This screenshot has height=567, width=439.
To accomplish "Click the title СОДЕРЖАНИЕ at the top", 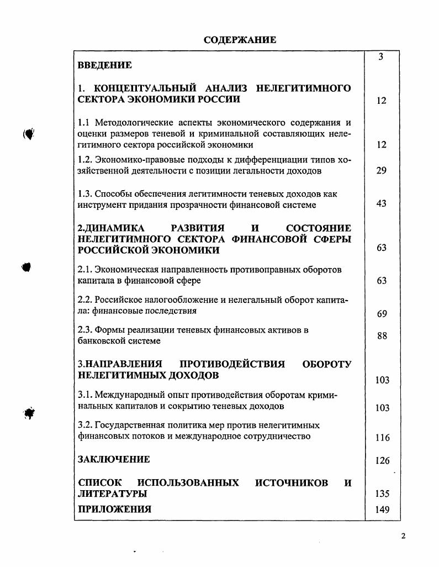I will point(240,40).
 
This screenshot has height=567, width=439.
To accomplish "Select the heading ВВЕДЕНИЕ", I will point(104,66).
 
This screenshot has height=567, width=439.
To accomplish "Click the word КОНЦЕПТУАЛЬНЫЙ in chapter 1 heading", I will point(146,88).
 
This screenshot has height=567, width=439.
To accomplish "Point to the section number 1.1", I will point(84,123).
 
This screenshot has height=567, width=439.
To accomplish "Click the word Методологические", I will point(133,123).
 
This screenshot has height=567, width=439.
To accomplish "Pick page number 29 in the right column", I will point(382,171).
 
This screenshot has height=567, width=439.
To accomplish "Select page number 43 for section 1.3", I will point(382,204).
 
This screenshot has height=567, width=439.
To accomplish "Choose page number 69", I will point(382,314).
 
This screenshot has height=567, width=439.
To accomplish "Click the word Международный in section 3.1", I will point(128,395).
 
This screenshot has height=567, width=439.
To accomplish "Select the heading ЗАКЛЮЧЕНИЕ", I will point(113,459).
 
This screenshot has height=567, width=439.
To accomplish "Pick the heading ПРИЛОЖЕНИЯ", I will point(114,510).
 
